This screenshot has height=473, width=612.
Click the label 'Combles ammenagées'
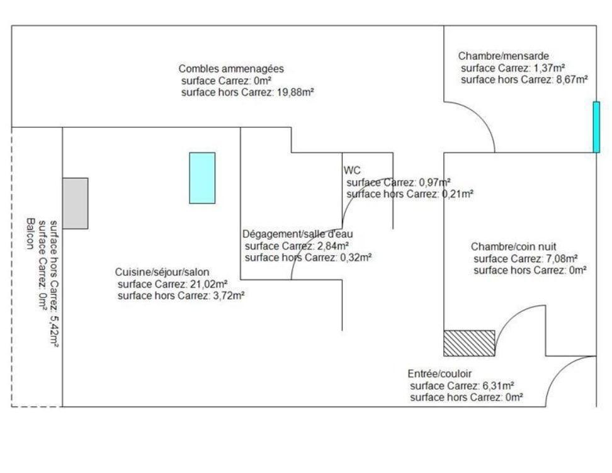(x=231, y=69)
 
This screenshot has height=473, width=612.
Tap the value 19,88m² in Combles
(x=295, y=92)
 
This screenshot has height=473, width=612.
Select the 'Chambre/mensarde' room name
(x=504, y=56)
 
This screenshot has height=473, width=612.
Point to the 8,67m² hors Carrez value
(x=572, y=80)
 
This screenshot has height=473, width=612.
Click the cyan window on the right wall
(x=596, y=127)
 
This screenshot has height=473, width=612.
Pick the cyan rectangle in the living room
(x=202, y=178)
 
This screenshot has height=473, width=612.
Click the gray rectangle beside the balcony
(x=76, y=203)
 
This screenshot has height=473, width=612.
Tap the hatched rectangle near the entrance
(x=469, y=343)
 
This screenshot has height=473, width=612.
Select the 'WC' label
(x=352, y=170)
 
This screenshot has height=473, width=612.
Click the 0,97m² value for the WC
(x=435, y=183)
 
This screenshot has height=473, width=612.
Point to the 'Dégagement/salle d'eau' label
(x=297, y=234)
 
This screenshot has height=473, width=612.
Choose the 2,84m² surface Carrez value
(x=332, y=246)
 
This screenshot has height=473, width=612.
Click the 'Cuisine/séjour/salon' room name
(x=162, y=272)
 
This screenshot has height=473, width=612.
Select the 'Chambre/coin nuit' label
(x=513, y=247)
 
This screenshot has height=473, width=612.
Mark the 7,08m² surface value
(x=562, y=259)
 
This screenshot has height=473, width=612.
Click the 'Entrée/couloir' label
(x=439, y=373)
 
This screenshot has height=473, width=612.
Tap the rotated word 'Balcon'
(x=30, y=234)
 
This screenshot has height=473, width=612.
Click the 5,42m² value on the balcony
(x=54, y=331)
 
